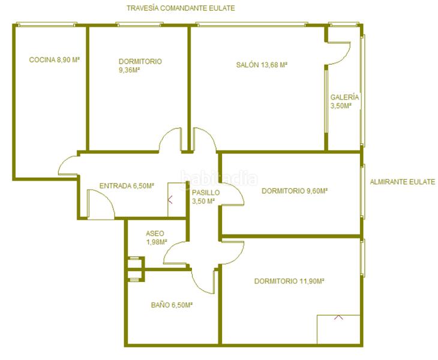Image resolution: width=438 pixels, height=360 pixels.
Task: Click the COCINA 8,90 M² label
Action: (x=55, y=60)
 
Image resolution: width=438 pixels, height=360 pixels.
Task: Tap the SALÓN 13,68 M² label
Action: (x=262, y=65)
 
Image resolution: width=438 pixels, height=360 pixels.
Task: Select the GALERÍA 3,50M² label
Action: (x=344, y=101)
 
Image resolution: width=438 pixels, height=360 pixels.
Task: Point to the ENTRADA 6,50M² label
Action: (x=127, y=186)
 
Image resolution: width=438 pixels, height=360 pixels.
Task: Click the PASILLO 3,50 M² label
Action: (x=206, y=197)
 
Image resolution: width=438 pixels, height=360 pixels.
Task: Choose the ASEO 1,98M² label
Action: (x=157, y=238)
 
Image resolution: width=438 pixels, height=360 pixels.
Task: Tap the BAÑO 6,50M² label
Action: (x=172, y=305)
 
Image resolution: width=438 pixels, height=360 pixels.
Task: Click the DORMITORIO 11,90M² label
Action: (x=289, y=281)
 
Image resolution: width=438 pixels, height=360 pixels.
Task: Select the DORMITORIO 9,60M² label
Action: (x=295, y=191)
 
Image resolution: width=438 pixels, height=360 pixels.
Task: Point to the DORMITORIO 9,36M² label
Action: (x=140, y=65)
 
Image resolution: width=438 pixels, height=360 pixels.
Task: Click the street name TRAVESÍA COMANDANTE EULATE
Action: (x=181, y=8)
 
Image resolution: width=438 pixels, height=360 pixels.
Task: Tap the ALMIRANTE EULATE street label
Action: (x=403, y=182)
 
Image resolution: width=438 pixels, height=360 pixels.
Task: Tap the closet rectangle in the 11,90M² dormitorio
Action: (x=338, y=329)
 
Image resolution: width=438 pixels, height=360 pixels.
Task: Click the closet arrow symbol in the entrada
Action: (x=170, y=199)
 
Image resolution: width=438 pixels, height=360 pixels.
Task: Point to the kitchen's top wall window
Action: (x=47, y=25)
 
